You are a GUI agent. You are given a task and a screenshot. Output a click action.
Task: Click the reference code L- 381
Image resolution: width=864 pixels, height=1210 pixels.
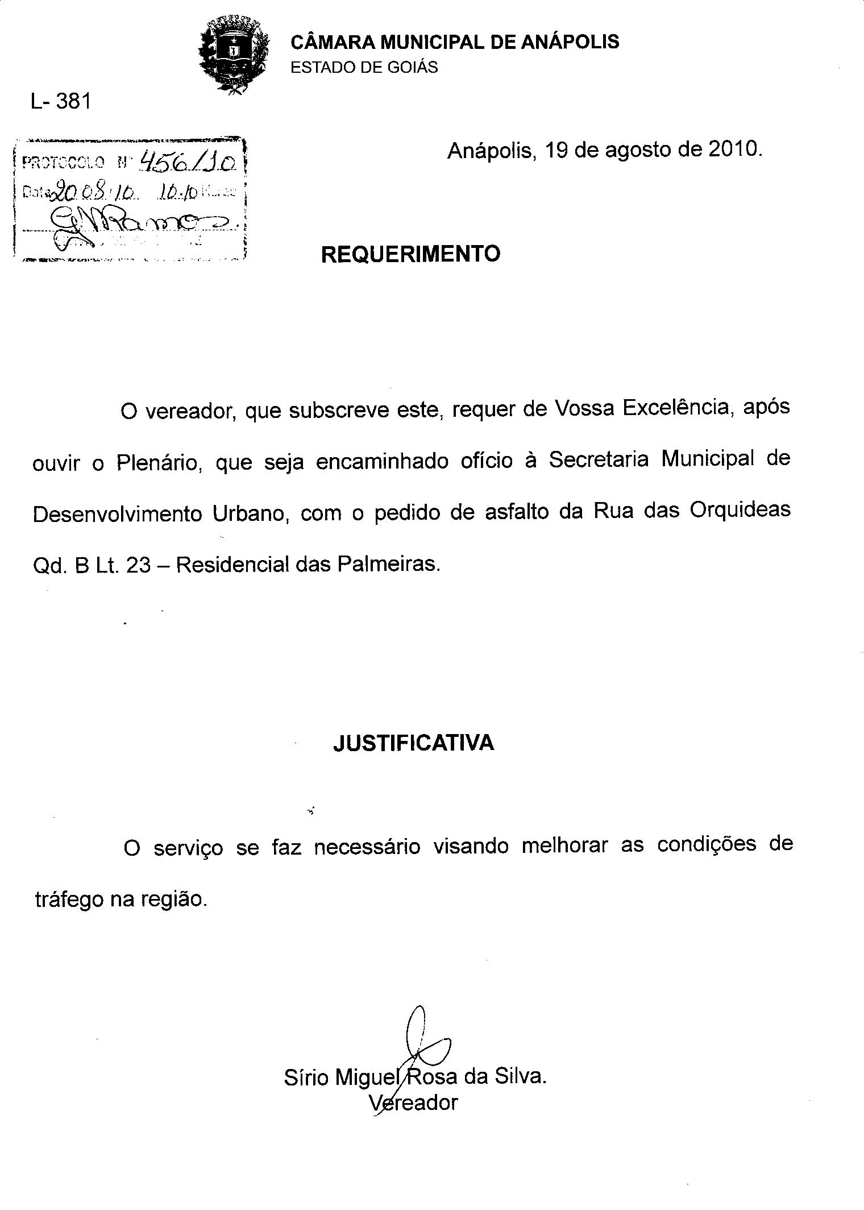point(61,102)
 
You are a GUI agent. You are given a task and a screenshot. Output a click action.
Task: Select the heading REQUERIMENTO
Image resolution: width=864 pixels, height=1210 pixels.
point(410,254)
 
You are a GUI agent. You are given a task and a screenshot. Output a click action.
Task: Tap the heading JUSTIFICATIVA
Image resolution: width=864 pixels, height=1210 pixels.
point(413,743)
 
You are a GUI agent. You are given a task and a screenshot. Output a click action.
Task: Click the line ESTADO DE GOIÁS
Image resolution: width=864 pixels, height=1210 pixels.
point(364,68)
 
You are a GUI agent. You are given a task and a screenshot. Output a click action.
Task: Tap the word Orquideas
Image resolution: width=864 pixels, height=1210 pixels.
point(740,509)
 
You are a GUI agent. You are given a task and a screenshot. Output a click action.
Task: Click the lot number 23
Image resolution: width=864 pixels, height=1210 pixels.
point(138,566)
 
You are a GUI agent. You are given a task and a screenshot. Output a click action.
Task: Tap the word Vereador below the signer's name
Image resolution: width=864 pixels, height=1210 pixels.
point(413,1103)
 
